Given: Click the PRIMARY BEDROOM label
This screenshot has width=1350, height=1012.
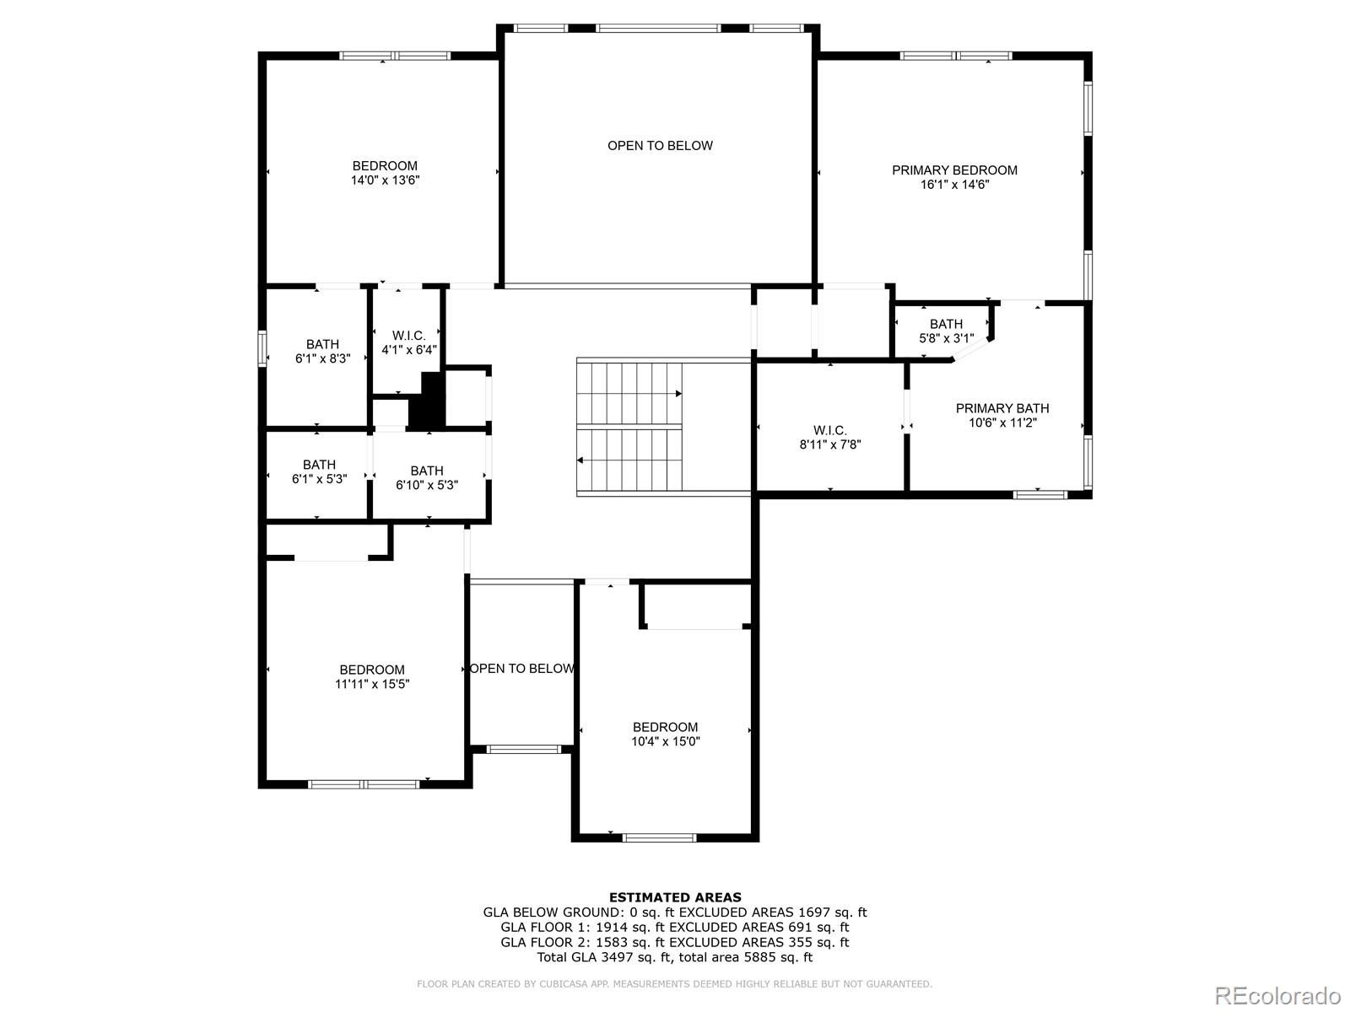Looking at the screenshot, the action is pyautogui.click(x=954, y=170).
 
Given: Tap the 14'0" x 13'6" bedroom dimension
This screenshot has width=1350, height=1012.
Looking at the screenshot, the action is pyautogui.click(x=385, y=180).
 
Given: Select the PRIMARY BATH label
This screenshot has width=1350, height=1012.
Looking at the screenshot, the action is pyautogui.click(x=1002, y=408).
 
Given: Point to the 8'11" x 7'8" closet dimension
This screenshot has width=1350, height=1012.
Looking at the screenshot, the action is pyautogui.click(x=829, y=444).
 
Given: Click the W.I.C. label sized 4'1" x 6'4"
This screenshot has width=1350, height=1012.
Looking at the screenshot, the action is pyautogui.click(x=409, y=336).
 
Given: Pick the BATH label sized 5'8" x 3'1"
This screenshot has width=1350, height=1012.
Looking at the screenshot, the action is pyautogui.click(x=946, y=324).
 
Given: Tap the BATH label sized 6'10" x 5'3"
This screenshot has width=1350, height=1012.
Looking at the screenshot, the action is pyautogui.click(x=427, y=471).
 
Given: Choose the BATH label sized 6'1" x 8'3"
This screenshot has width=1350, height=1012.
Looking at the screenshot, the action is pyautogui.click(x=322, y=344).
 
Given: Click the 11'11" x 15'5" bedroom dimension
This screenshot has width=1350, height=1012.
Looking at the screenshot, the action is pyautogui.click(x=372, y=684).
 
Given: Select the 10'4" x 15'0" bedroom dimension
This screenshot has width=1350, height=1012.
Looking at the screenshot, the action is pyautogui.click(x=666, y=741).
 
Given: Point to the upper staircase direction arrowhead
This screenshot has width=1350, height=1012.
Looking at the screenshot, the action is pyautogui.click(x=678, y=393).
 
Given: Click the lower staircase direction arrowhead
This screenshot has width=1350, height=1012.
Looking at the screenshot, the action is pyautogui.click(x=580, y=460).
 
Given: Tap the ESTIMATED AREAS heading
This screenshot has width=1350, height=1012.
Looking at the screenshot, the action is pyautogui.click(x=675, y=897).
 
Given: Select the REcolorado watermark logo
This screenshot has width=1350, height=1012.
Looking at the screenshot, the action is pyautogui.click(x=1278, y=995).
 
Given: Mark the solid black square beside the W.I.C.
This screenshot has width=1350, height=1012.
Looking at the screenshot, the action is pyautogui.click(x=427, y=400).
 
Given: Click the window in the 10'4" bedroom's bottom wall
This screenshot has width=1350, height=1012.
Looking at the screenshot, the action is pyautogui.click(x=659, y=837).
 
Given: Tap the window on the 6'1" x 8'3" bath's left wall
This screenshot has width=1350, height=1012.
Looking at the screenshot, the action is pyautogui.click(x=262, y=348).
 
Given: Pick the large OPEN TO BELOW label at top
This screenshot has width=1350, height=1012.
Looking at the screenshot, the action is pyautogui.click(x=660, y=146).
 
